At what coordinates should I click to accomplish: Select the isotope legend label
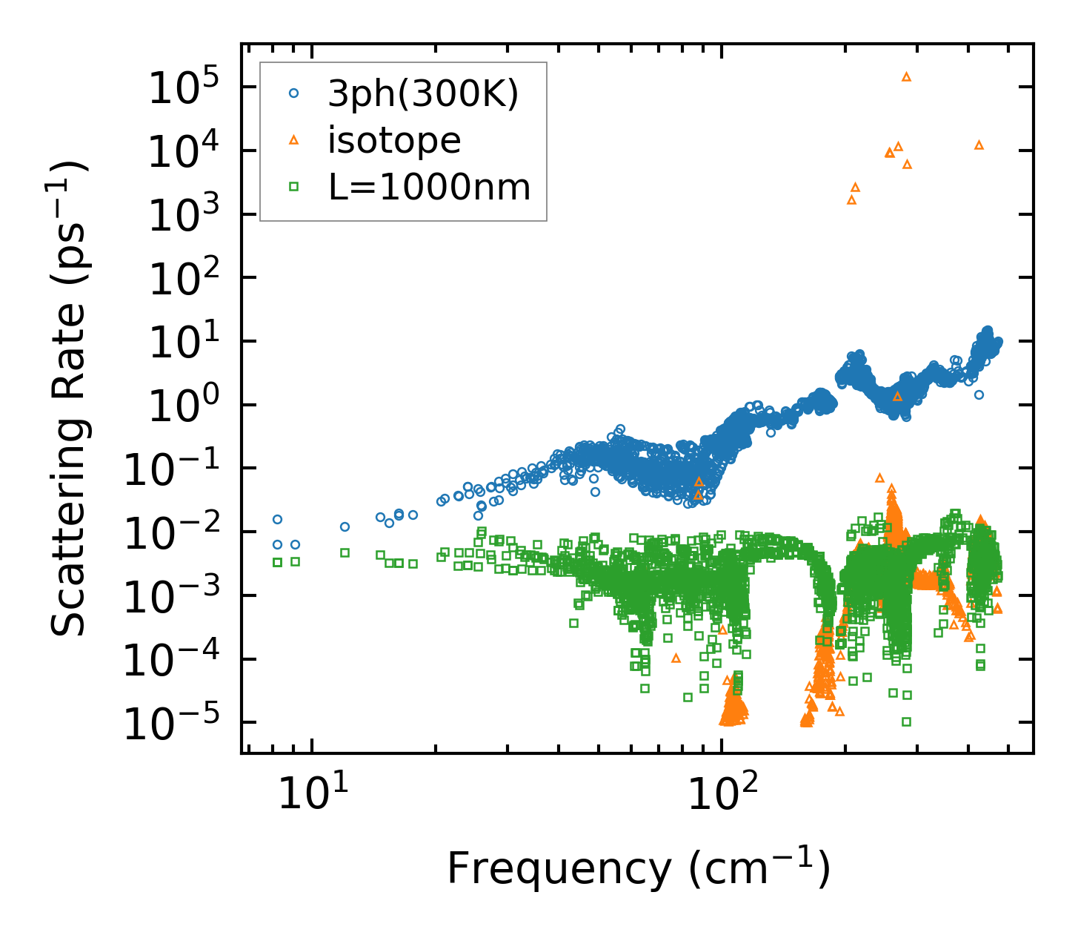click(394, 140)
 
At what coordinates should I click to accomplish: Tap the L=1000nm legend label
click(429, 188)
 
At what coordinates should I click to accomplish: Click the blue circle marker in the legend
click(294, 93)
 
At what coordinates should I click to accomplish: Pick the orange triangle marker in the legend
click(294, 139)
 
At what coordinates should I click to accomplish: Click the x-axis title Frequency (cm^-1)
click(638, 868)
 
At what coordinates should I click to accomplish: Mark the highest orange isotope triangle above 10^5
click(906, 76)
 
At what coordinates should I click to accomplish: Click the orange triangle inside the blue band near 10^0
click(897, 397)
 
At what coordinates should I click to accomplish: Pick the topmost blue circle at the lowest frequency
click(277, 519)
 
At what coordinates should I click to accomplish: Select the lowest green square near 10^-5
click(906, 721)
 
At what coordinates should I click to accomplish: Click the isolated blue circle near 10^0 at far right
click(979, 394)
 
